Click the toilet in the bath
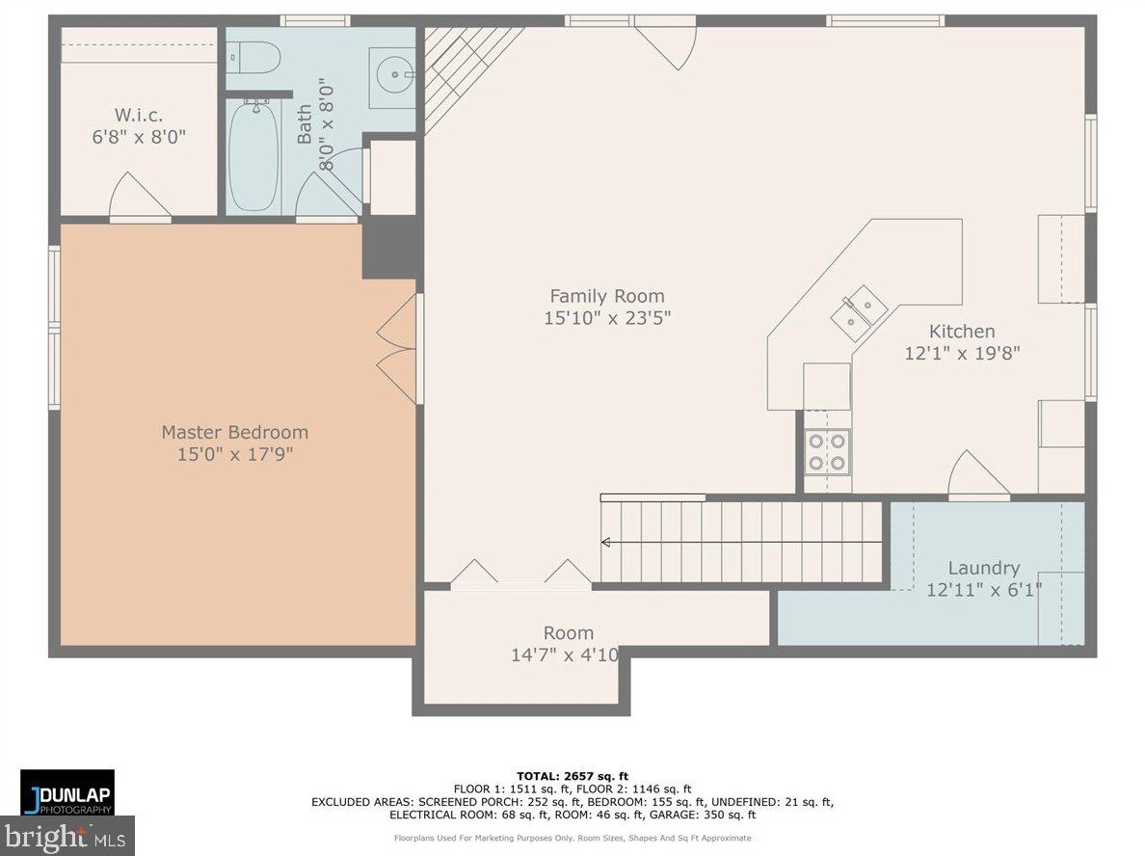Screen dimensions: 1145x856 [x=253, y=57]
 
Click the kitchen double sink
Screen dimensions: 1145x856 [x=859, y=312]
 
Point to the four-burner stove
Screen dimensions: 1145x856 [x=827, y=452]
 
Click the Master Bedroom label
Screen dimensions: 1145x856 [x=235, y=432]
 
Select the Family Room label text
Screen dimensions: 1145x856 [x=607, y=296]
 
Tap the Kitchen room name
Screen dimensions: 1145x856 [x=962, y=331]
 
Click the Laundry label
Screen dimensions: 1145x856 [x=984, y=568]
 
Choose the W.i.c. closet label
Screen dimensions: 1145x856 [x=139, y=115]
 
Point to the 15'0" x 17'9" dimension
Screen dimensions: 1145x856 [x=235, y=454]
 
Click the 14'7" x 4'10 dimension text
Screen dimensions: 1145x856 [x=565, y=655]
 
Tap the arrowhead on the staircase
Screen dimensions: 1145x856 [x=605, y=542]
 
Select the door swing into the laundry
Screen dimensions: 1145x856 [x=978, y=474]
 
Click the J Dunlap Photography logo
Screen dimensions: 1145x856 [x=67, y=791]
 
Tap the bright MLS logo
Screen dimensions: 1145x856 [x=67, y=836]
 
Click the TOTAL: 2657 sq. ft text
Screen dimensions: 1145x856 [x=572, y=776]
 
